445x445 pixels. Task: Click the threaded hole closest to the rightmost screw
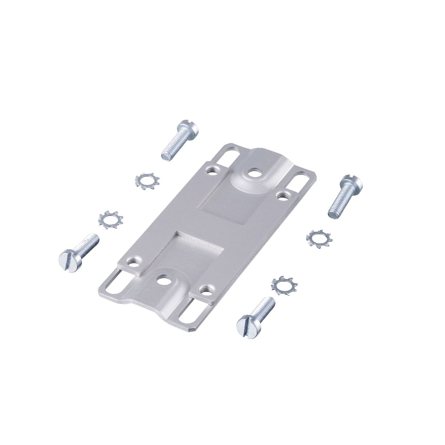(x=281, y=196)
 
